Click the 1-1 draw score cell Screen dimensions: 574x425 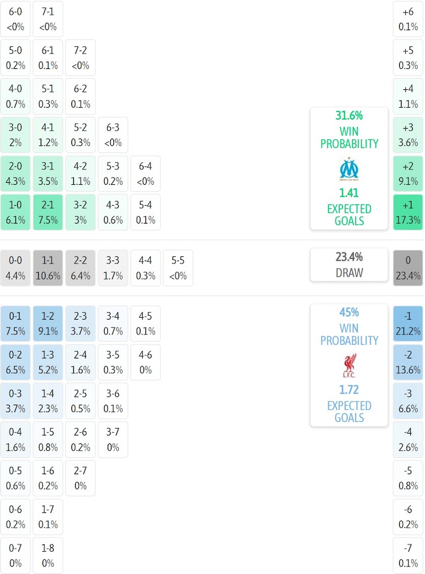[48, 268]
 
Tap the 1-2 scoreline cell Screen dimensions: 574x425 [48, 324]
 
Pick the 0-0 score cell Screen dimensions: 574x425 [15, 268]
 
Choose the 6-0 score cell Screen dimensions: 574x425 [15, 19]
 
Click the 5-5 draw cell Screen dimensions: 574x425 [178, 268]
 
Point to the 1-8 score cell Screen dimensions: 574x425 [48, 555]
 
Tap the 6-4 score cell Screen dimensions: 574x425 [145, 174]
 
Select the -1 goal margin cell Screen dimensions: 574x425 [408, 324]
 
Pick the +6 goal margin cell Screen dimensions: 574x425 [408, 19]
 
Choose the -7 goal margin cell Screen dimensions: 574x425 [408, 555]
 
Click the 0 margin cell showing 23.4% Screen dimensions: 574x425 [408, 268]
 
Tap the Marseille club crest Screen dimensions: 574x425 [349, 169]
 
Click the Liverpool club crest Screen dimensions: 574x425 [349, 365]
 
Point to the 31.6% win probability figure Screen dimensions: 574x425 [349, 116]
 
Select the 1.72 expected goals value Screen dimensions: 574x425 [349, 390]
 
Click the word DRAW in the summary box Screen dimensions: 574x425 [349, 273]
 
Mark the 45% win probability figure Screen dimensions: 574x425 [349, 312]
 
